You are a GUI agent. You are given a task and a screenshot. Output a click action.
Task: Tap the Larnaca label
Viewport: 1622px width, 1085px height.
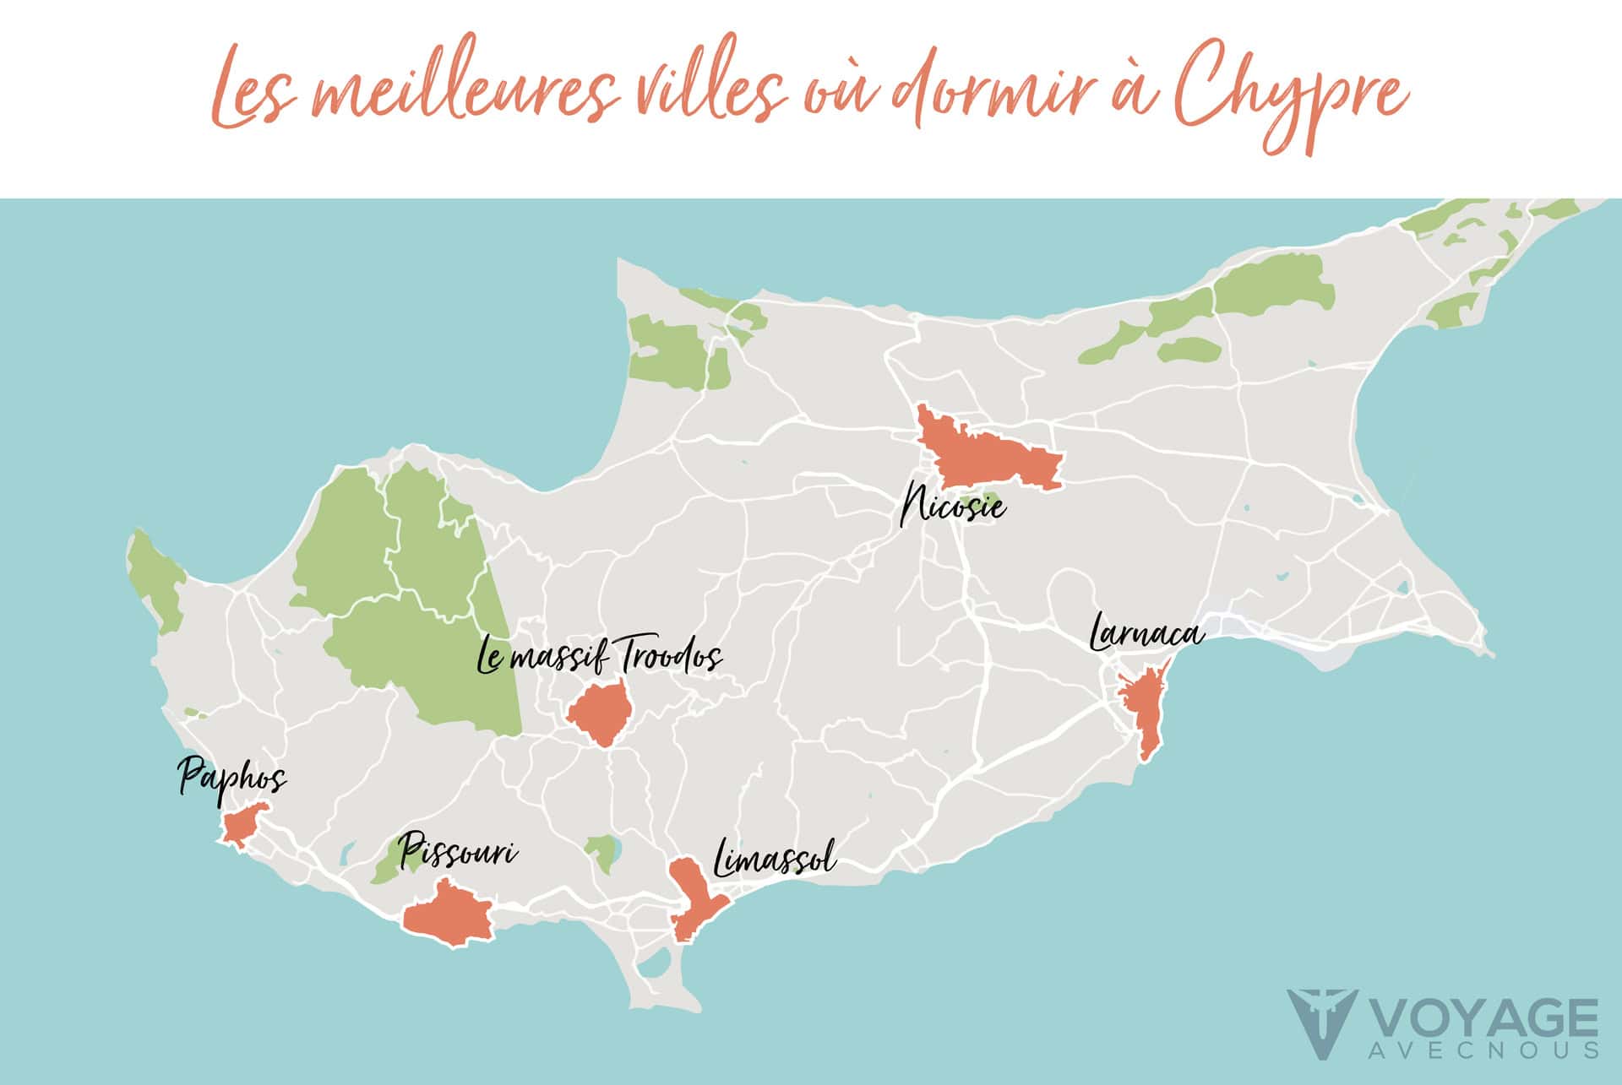(x=1146, y=633)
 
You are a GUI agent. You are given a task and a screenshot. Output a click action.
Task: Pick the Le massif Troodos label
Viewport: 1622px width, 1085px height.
(x=599, y=657)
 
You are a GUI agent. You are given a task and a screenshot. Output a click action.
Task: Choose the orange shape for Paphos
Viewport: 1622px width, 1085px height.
(x=243, y=822)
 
